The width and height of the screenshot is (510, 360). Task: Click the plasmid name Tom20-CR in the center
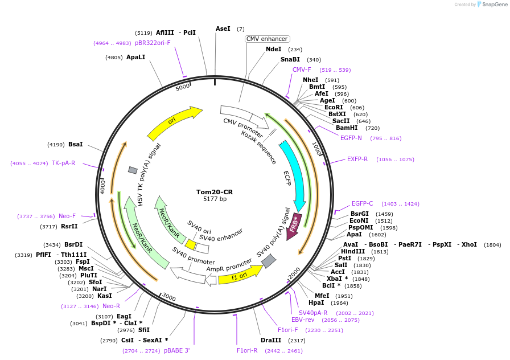[215, 192]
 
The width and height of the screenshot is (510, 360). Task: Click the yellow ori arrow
[173, 122]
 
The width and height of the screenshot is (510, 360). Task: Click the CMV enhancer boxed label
[268, 39]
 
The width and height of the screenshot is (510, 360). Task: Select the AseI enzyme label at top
[223, 28]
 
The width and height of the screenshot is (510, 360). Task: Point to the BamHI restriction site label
[347, 128]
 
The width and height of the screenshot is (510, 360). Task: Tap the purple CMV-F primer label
[302, 69]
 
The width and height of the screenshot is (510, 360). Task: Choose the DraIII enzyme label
[271, 340]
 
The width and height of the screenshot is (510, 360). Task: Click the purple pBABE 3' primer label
[177, 350]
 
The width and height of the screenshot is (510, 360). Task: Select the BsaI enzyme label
[76, 145]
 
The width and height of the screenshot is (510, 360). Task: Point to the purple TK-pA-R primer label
[63, 163]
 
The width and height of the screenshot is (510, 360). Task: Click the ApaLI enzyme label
[136, 57]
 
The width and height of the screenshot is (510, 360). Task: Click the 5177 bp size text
[215, 199]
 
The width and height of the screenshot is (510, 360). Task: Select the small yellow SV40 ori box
[191, 245]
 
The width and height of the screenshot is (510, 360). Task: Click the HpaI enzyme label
[316, 302]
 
